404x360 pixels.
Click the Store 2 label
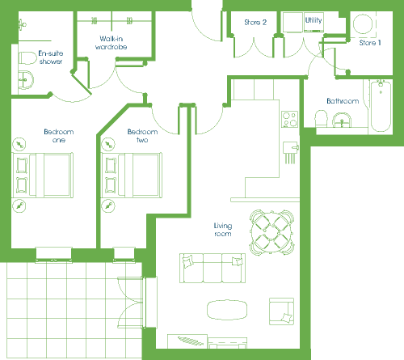point(255,23)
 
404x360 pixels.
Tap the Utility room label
point(314,20)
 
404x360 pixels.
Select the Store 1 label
point(370,43)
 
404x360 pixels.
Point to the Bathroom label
point(343,101)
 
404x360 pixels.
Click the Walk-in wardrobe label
point(111,43)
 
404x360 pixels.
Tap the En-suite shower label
point(51,57)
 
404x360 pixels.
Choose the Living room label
point(223,230)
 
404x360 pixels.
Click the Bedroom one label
point(59,136)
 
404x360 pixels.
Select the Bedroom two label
point(142,136)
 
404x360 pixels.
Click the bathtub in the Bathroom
point(381,106)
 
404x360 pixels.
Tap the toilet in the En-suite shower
point(27,58)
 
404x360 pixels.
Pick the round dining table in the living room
point(271,232)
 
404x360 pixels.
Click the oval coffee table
point(227,310)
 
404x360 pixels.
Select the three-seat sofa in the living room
point(213,268)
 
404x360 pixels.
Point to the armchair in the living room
point(281,311)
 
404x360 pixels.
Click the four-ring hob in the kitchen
point(289,119)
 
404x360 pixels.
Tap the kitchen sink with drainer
point(291,153)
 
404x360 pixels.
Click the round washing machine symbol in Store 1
point(363,24)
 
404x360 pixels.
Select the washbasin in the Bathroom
point(342,121)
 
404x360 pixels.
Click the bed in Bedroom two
point(132,176)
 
